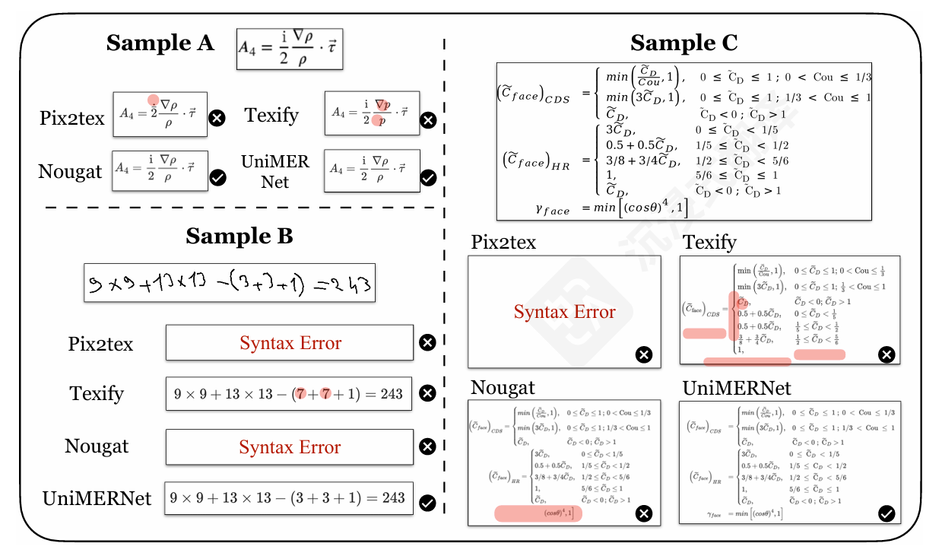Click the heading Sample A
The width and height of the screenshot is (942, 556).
pyautogui.click(x=160, y=43)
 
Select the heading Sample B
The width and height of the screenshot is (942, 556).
pyautogui.click(x=239, y=237)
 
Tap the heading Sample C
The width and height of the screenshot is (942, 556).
pyautogui.click(x=684, y=43)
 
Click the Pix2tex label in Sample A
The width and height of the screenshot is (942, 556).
pyautogui.click(x=72, y=118)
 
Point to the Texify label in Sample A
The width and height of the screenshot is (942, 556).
pyautogui.click(x=271, y=116)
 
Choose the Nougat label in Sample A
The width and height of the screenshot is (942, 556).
pyautogui.click(x=70, y=172)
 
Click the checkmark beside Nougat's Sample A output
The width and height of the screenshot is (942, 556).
pyautogui.click(x=217, y=177)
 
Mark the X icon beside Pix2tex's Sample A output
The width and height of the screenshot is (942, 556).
pyautogui.click(x=217, y=118)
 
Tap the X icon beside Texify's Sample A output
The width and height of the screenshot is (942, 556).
pyautogui.click(x=429, y=119)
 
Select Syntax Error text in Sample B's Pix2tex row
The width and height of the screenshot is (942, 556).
pyautogui.click(x=290, y=343)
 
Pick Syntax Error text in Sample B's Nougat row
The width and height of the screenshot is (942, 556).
pyautogui.click(x=290, y=446)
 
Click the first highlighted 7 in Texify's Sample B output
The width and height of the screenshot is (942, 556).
pyautogui.click(x=302, y=394)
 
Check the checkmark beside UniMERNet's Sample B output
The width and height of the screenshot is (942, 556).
pyautogui.click(x=428, y=502)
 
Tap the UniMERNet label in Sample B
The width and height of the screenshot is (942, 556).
pyautogui.click(x=97, y=499)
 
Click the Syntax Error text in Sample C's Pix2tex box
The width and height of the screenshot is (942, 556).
pyautogui.click(x=564, y=312)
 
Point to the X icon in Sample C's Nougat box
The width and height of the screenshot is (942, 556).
pyautogui.click(x=643, y=514)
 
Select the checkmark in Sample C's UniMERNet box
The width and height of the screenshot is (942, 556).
pyautogui.click(x=886, y=514)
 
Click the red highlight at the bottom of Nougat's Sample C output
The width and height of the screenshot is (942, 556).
pyautogui.click(x=538, y=514)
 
